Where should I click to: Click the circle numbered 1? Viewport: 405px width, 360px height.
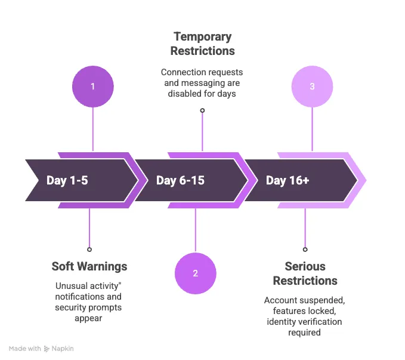tap(92, 87)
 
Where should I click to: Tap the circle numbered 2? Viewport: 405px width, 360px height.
tap(195, 274)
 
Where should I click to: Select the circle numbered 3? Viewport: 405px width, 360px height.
tap(312, 87)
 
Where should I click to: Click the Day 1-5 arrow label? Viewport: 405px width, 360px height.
tap(67, 180)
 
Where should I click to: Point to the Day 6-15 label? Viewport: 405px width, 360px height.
tap(180, 180)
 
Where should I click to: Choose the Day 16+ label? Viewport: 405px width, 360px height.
tap(287, 180)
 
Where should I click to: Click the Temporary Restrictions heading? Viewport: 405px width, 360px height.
tap(203, 44)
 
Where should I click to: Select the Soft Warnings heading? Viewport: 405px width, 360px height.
tap(89, 266)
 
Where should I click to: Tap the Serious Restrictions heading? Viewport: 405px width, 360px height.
tap(305, 273)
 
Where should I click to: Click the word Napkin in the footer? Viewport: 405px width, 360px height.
tap(63, 349)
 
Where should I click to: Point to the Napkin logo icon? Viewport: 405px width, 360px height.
tap(47, 349)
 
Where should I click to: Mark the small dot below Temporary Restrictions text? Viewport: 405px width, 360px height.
tap(202, 110)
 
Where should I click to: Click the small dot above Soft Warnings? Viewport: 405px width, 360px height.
tap(89, 250)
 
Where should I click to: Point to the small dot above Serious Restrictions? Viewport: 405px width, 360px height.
tap(305, 250)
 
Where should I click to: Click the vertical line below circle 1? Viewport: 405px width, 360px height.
tap(92, 128)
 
